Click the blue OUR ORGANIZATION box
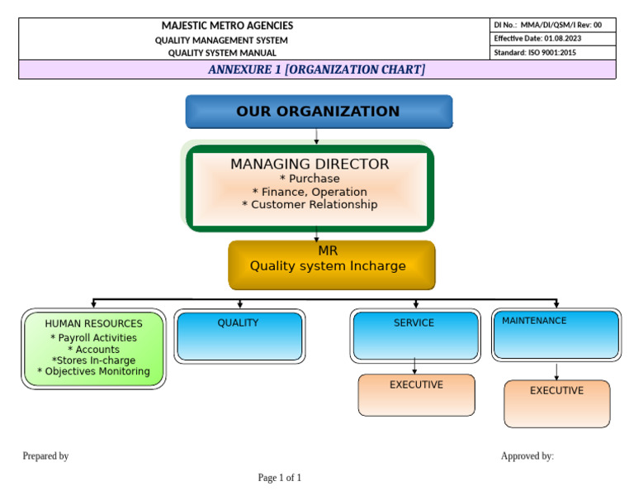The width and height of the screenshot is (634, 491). pyautogui.click(x=318, y=112)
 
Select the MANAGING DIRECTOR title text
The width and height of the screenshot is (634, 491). pyautogui.click(x=310, y=164)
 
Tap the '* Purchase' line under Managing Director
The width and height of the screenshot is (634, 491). pyautogui.click(x=310, y=179)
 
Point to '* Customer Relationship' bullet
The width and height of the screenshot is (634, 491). pyautogui.click(x=310, y=205)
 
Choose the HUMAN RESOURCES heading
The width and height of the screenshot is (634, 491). pyautogui.click(x=93, y=324)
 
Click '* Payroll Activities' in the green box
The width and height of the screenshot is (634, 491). pyautogui.click(x=93, y=338)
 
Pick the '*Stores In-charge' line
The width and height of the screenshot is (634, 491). pyautogui.click(x=93, y=360)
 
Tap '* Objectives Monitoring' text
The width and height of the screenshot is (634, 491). pyautogui.click(x=93, y=372)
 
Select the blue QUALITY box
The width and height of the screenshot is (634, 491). pyautogui.click(x=239, y=335)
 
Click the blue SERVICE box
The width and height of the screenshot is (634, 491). pyautogui.click(x=414, y=335)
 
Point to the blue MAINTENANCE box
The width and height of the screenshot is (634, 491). pyautogui.click(x=556, y=335)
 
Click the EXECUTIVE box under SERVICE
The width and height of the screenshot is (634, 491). pyautogui.click(x=416, y=395)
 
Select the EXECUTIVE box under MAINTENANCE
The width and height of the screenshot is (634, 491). pyautogui.click(x=556, y=403)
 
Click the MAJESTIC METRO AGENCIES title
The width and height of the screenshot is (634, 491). pyautogui.click(x=227, y=26)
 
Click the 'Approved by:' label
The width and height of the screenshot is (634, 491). pyautogui.click(x=527, y=456)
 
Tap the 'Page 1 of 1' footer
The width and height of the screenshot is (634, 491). pyautogui.click(x=279, y=478)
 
